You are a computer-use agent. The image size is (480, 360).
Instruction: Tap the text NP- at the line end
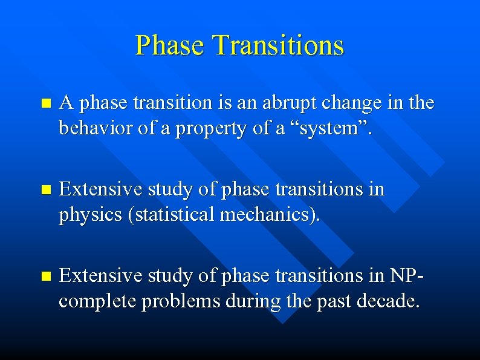tap(403, 275)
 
